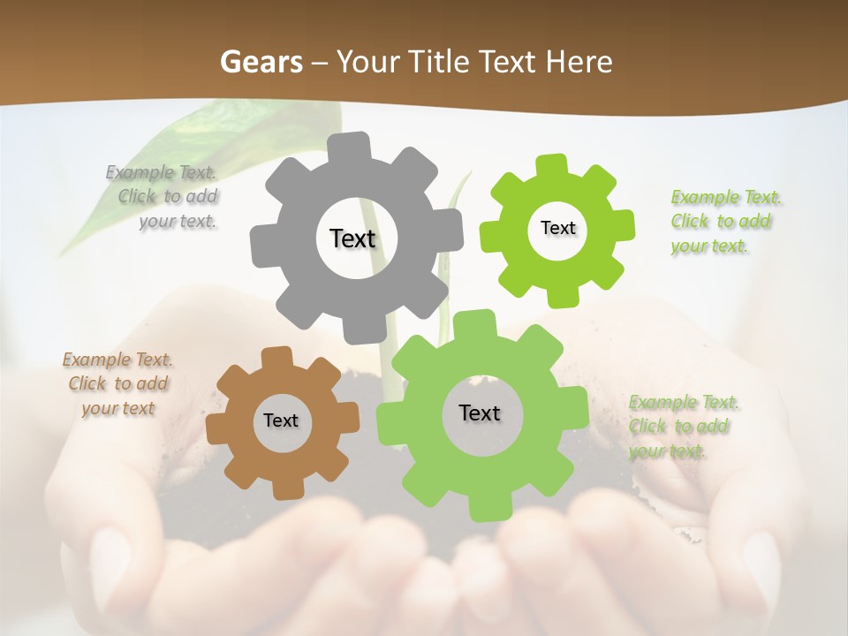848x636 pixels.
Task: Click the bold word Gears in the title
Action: click(x=260, y=62)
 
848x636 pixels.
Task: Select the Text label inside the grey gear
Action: click(x=352, y=238)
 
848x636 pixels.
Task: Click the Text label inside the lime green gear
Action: click(x=557, y=228)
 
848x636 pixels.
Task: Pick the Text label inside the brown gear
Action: click(x=281, y=420)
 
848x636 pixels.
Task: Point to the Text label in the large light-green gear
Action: click(x=480, y=413)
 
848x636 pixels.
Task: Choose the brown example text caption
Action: click(x=117, y=383)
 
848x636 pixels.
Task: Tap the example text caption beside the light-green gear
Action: click(x=681, y=426)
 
